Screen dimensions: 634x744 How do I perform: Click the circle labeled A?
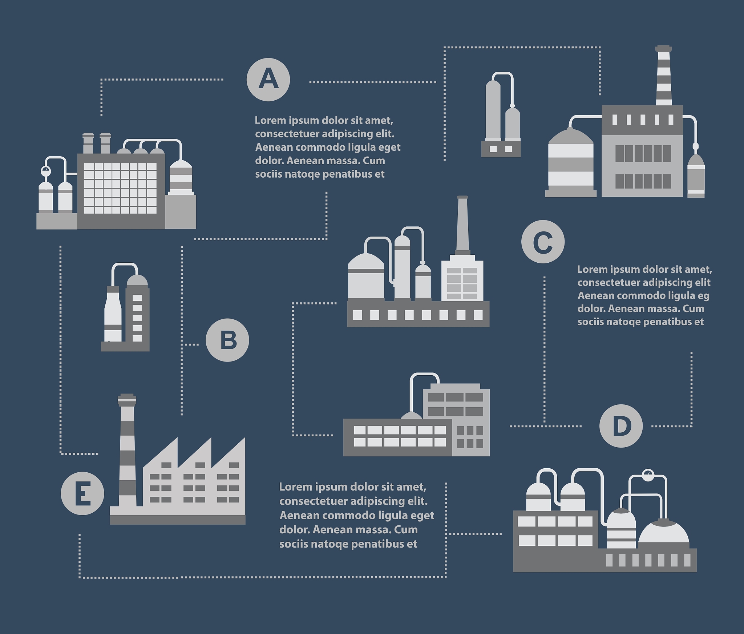tap(268, 80)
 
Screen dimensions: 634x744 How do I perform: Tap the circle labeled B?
tap(227, 340)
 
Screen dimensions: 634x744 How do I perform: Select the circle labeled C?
tap(543, 242)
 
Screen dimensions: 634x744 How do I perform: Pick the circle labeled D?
tap(621, 426)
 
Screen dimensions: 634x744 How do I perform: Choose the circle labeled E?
tap(82, 493)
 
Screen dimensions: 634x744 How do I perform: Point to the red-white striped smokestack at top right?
tap(664, 76)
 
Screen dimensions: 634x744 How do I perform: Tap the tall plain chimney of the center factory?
tap(462, 225)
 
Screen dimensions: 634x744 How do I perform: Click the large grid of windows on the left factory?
tap(120, 188)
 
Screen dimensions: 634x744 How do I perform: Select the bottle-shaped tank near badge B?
tap(113, 314)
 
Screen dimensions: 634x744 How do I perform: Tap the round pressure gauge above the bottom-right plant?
tap(648, 475)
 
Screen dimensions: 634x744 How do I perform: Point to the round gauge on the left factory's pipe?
tap(46, 171)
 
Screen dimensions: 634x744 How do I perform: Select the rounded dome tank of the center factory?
tap(366, 276)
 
